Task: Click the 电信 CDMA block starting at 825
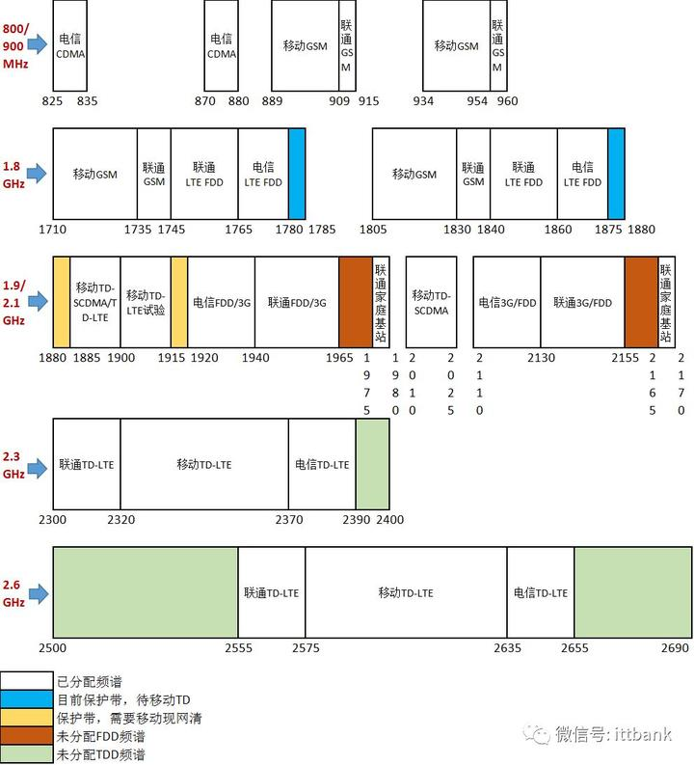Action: [x=72, y=46]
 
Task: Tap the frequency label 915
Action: [x=368, y=101]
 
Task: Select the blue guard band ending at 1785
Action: [x=297, y=173]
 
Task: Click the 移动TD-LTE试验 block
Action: [x=146, y=301]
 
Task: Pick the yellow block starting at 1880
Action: [x=61, y=301]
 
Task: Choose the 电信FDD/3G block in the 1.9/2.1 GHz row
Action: [x=221, y=301]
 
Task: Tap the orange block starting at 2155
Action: [x=641, y=301]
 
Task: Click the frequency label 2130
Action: [x=541, y=358]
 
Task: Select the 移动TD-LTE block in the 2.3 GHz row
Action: [x=204, y=464]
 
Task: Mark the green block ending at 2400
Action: [x=372, y=464]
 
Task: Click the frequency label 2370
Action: [x=289, y=520]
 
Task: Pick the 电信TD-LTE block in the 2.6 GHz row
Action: [x=541, y=592]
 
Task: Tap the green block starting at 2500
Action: [x=146, y=592]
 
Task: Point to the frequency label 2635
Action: [x=508, y=647]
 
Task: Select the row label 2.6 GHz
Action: [x=13, y=593]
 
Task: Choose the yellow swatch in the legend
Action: [x=26, y=719]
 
